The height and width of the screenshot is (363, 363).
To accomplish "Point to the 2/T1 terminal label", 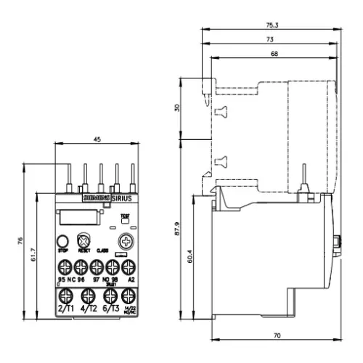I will tap(65, 309).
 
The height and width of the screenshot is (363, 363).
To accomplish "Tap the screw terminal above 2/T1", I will tap(65, 295).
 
